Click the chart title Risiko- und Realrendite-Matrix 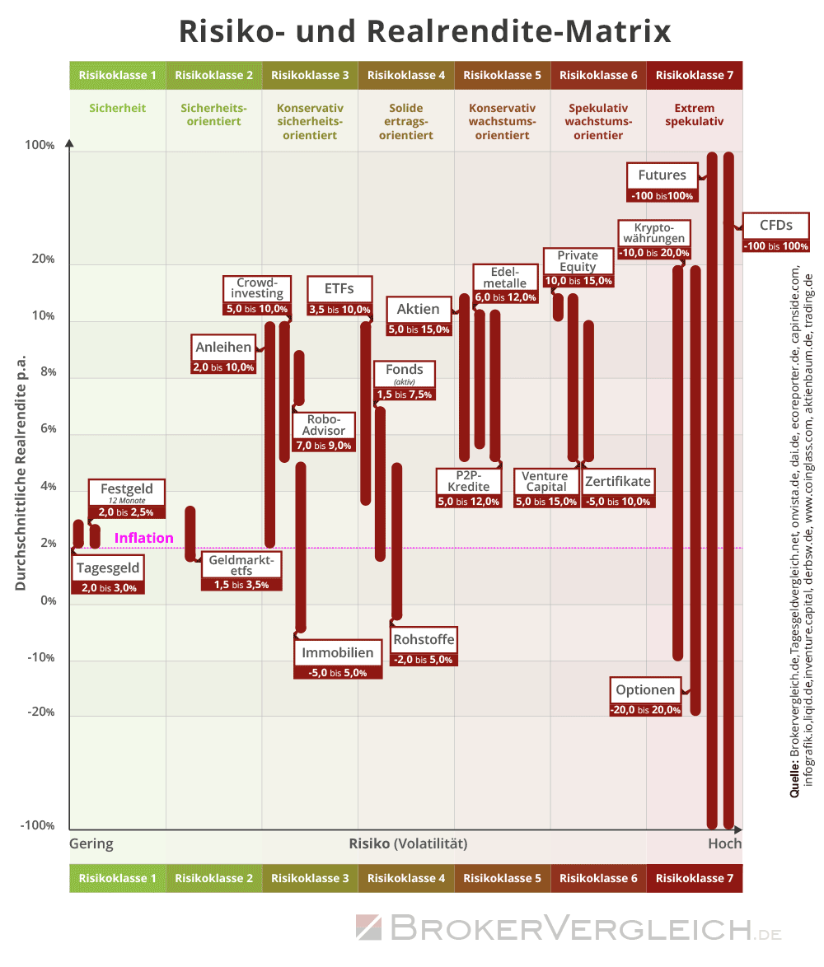tap(425, 31)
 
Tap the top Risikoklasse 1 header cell tap(118, 75)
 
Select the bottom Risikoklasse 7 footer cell tap(694, 878)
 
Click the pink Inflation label tap(144, 538)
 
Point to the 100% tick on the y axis tap(40, 146)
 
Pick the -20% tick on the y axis tap(41, 712)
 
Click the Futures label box tap(662, 175)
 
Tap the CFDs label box tap(775, 225)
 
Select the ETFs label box tap(339, 289)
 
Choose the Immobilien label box tap(338, 653)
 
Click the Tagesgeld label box tap(108, 568)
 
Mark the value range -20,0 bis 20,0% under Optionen tap(645, 710)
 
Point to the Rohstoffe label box tap(424, 640)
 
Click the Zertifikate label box tap(618, 482)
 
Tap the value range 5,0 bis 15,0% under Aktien tap(419, 329)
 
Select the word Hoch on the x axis tap(724, 843)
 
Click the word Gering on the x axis tap(91, 843)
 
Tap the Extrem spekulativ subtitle tap(694, 114)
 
